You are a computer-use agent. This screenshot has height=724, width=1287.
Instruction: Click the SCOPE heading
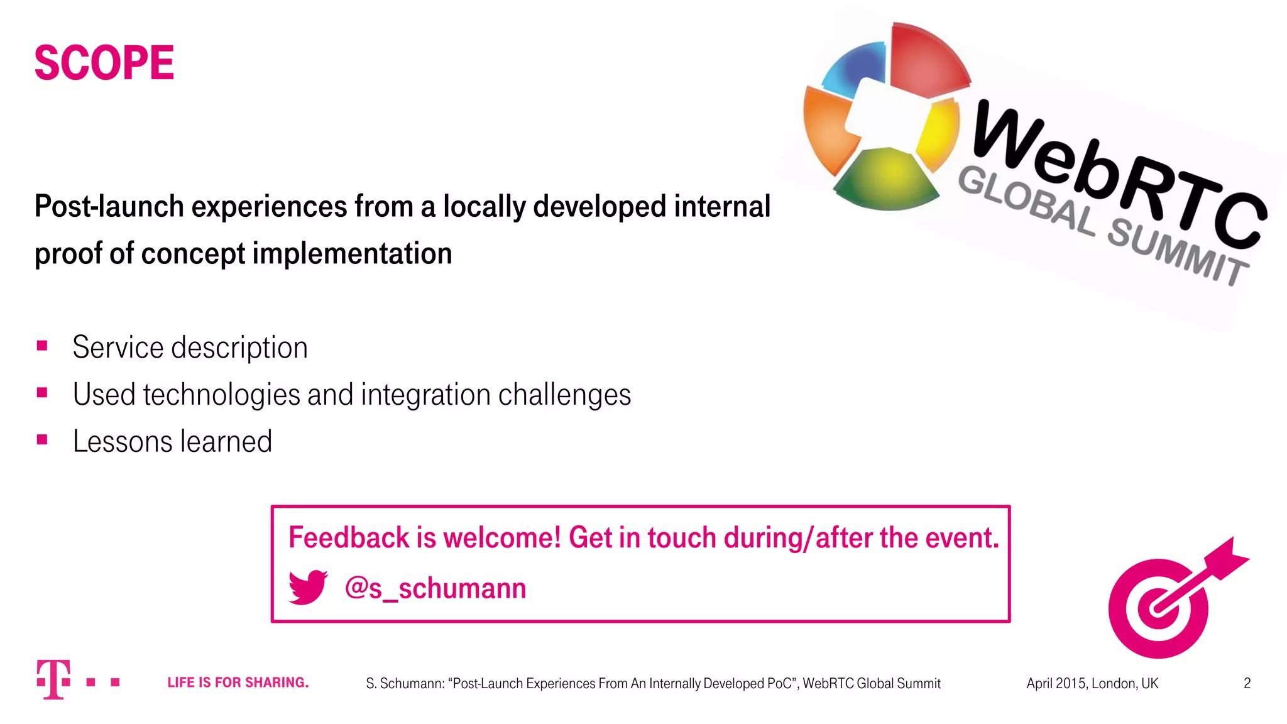click(104, 63)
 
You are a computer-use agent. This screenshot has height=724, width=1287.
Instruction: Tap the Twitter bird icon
click(308, 588)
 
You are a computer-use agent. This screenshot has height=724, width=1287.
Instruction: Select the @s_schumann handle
click(435, 589)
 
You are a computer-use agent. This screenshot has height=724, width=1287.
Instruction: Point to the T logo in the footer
click(53, 679)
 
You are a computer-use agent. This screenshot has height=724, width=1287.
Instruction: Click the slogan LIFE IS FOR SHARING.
click(238, 683)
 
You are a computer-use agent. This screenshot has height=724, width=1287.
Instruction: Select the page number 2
click(1247, 683)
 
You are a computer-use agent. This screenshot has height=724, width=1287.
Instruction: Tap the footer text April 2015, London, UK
click(1092, 683)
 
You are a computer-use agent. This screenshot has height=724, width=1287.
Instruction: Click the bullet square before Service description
click(42, 346)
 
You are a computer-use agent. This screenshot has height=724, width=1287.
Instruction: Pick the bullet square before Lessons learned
click(42, 440)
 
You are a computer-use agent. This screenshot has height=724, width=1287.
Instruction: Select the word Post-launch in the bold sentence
click(109, 207)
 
